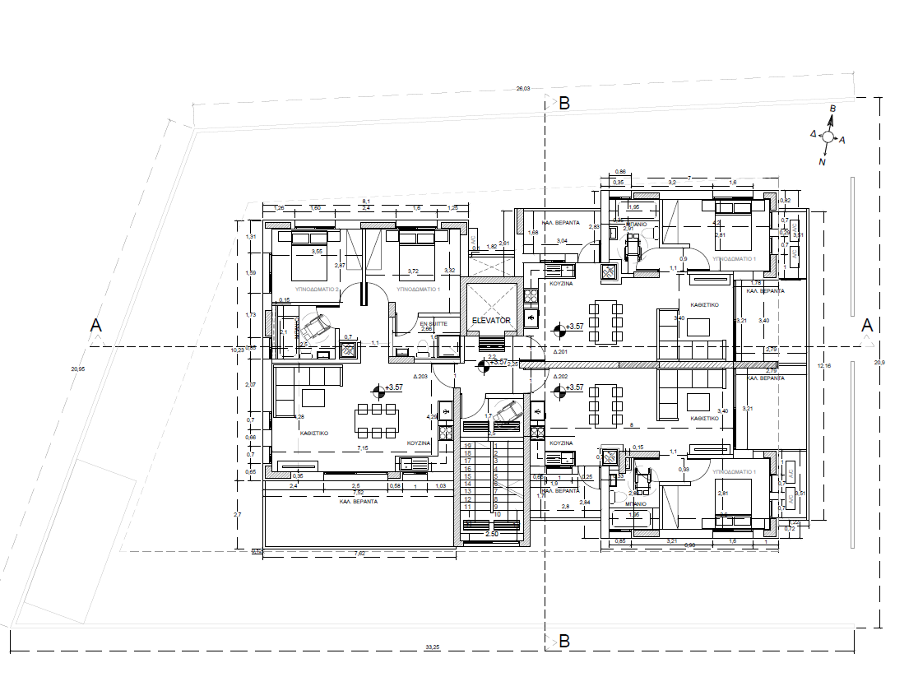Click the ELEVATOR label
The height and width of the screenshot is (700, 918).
[491, 320]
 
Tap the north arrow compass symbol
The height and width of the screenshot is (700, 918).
[828, 137]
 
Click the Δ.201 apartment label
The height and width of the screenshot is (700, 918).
[561, 351]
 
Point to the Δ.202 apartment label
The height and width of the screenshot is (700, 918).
[561, 376]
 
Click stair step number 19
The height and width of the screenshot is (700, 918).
[467, 445]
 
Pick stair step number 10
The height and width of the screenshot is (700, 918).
[498, 514]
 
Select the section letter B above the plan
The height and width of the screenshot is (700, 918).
[564, 104]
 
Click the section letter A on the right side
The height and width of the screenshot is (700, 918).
[866, 326]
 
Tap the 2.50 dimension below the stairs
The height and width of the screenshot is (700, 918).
[492, 535]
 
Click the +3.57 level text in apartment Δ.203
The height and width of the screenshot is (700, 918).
[394, 387]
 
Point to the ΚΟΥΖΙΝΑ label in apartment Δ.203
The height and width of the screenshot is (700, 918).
[419, 443]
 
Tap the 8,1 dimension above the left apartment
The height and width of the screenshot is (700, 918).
[367, 201]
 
